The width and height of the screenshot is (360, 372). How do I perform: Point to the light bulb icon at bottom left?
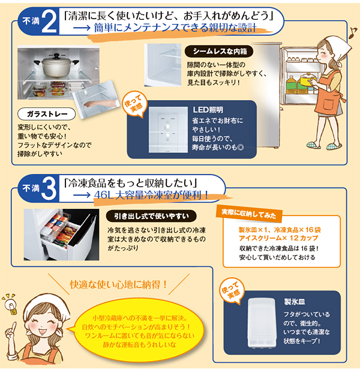click(x=10, y=304)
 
